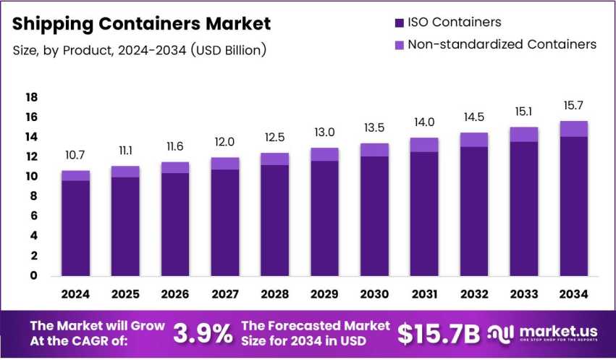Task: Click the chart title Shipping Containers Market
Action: (x=142, y=23)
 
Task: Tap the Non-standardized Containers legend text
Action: (x=502, y=45)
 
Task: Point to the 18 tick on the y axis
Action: (x=31, y=98)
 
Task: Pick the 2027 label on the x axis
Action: (x=224, y=295)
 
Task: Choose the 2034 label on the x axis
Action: (x=573, y=295)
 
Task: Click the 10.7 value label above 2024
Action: (x=75, y=156)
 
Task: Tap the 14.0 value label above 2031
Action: (x=424, y=122)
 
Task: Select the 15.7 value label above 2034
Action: (x=573, y=106)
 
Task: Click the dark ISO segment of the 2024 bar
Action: (x=75, y=228)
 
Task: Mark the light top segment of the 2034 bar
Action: (x=573, y=129)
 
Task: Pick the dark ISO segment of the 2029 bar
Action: (x=324, y=217)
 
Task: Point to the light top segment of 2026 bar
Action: (x=175, y=167)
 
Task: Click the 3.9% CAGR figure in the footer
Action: (x=203, y=333)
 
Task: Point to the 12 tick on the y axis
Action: (x=31, y=157)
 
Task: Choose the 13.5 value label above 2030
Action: (x=374, y=127)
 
